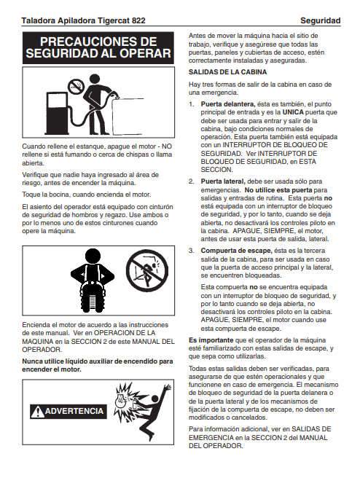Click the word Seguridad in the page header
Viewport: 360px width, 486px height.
pyautogui.click(x=321, y=21)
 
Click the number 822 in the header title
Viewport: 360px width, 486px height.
pyautogui.click(x=138, y=21)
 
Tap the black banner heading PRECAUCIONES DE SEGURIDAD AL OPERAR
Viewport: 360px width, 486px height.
pyautogui.click(x=98, y=48)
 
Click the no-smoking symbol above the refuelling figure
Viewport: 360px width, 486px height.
pyautogui.click(x=76, y=85)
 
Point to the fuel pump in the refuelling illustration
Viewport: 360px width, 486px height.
pyautogui.click(x=56, y=112)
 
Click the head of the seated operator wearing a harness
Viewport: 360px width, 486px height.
pyautogui.click(x=93, y=256)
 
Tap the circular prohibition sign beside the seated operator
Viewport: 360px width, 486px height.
pyautogui.click(x=147, y=271)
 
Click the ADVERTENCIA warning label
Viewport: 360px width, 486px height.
pyautogui.click(x=69, y=411)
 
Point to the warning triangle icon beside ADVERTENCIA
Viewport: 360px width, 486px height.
pyautogui.click(x=37, y=412)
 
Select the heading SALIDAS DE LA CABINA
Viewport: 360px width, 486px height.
pyautogui.click(x=227, y=72)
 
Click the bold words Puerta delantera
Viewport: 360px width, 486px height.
pyautogui.click(x=228, y=104)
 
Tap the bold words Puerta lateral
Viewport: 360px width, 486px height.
pyautogui.click(x=223, y=181)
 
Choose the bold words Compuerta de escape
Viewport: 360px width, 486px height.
pyautogui.click(x=236, y=251)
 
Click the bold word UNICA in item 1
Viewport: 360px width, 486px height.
pyautogui.click(x=293, y=112)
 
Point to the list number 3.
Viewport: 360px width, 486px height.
pyautogui.click(x=192, y=251)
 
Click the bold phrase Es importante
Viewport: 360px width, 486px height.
pyautogui.click(x=211, y=340)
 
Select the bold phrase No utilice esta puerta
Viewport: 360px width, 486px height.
pyautogui.click(x=278, y=190)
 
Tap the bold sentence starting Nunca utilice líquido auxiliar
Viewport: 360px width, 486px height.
pyautogui.click(x=98, y=366)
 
